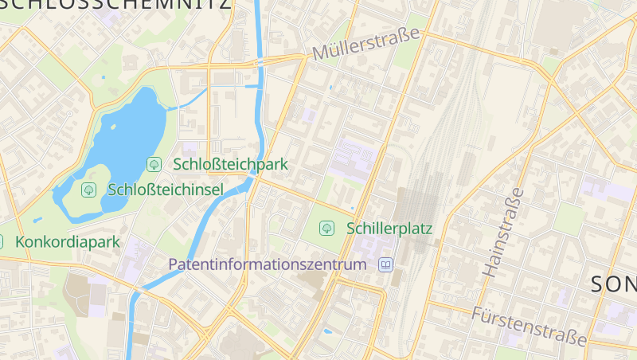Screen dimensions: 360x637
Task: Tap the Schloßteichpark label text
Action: pyautogui.click(x=229, y=165)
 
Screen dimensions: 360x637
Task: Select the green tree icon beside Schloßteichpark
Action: pyautogui.click(x=154, y=165)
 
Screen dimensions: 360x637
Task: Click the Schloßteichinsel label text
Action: pyautogui.click(x=165, y=190)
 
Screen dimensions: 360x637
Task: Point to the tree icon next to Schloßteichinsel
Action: pyautogui.click(x=88, y=190)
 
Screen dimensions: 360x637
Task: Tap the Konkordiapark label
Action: pyautogui.click(x=67, y=241)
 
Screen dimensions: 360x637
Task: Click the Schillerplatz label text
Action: pyautogui.click(x=389, y=229)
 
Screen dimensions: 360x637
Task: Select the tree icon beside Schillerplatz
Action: pyautogui.click(x=326, y=229)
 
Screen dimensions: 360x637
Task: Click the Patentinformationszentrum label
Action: pyautogui.click(x=268, y=264)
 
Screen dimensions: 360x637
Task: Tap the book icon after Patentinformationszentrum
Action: pyautogui.click(x=386, y=264)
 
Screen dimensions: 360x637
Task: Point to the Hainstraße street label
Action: pyautogui.click(x=504, y=233)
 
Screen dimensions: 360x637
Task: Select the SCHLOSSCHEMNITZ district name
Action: pyautogui.click(x=115, y=4)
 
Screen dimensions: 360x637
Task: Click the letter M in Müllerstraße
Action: pyautogui.click(x=321, y=54)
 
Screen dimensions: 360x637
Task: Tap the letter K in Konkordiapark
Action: pyautogui.click(x=20, y=241)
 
